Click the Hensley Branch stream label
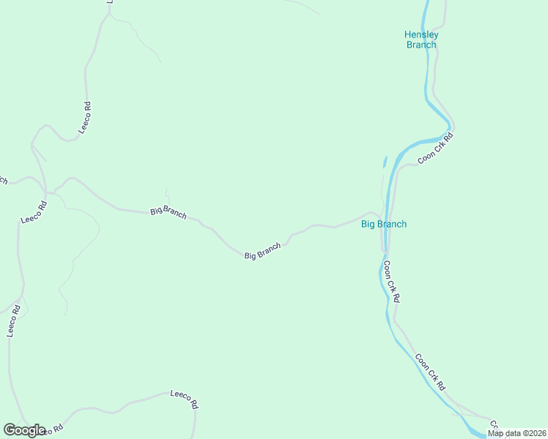tap(421, 40)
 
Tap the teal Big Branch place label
tap(384, 224)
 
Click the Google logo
tap(24, 430)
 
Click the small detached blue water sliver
tap(385, 161)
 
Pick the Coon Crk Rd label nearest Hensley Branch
tap(436, 149)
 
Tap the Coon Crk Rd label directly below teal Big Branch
tap(392, 282)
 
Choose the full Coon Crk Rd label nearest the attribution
tap(430, 372)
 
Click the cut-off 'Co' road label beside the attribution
tap(494, 424)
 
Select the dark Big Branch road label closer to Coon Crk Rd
tap(263, 251)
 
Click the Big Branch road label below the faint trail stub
tap(169, 212)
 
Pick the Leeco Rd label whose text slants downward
tap(185, 399)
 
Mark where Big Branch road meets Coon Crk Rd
tap(382, 217)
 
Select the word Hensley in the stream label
tap(421, 34)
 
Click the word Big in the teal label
tap(369, 224)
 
